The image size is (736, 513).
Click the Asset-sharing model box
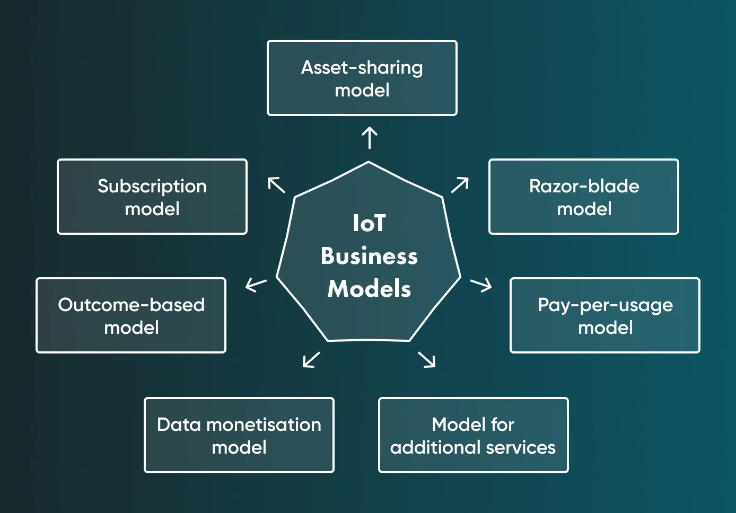362,78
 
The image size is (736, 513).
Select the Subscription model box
152,197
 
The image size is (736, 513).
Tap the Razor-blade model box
584,197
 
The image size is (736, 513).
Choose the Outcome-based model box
131,315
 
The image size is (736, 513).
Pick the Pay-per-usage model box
605,315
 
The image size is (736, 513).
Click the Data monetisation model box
239,435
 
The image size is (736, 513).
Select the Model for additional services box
474,435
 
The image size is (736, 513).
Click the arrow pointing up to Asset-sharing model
370,138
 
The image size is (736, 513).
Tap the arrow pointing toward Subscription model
276,185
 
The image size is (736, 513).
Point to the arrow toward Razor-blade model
460,185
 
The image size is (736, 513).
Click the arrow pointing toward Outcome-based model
256,285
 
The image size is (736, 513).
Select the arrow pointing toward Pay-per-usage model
481,285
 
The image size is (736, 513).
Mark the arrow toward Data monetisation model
311,359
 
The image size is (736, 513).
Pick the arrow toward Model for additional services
427,359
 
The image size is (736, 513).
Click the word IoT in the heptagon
369,223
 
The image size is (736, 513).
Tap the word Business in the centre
369,256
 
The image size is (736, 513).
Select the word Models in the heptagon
369,289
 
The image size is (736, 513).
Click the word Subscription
152,186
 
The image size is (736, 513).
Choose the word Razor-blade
584,186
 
